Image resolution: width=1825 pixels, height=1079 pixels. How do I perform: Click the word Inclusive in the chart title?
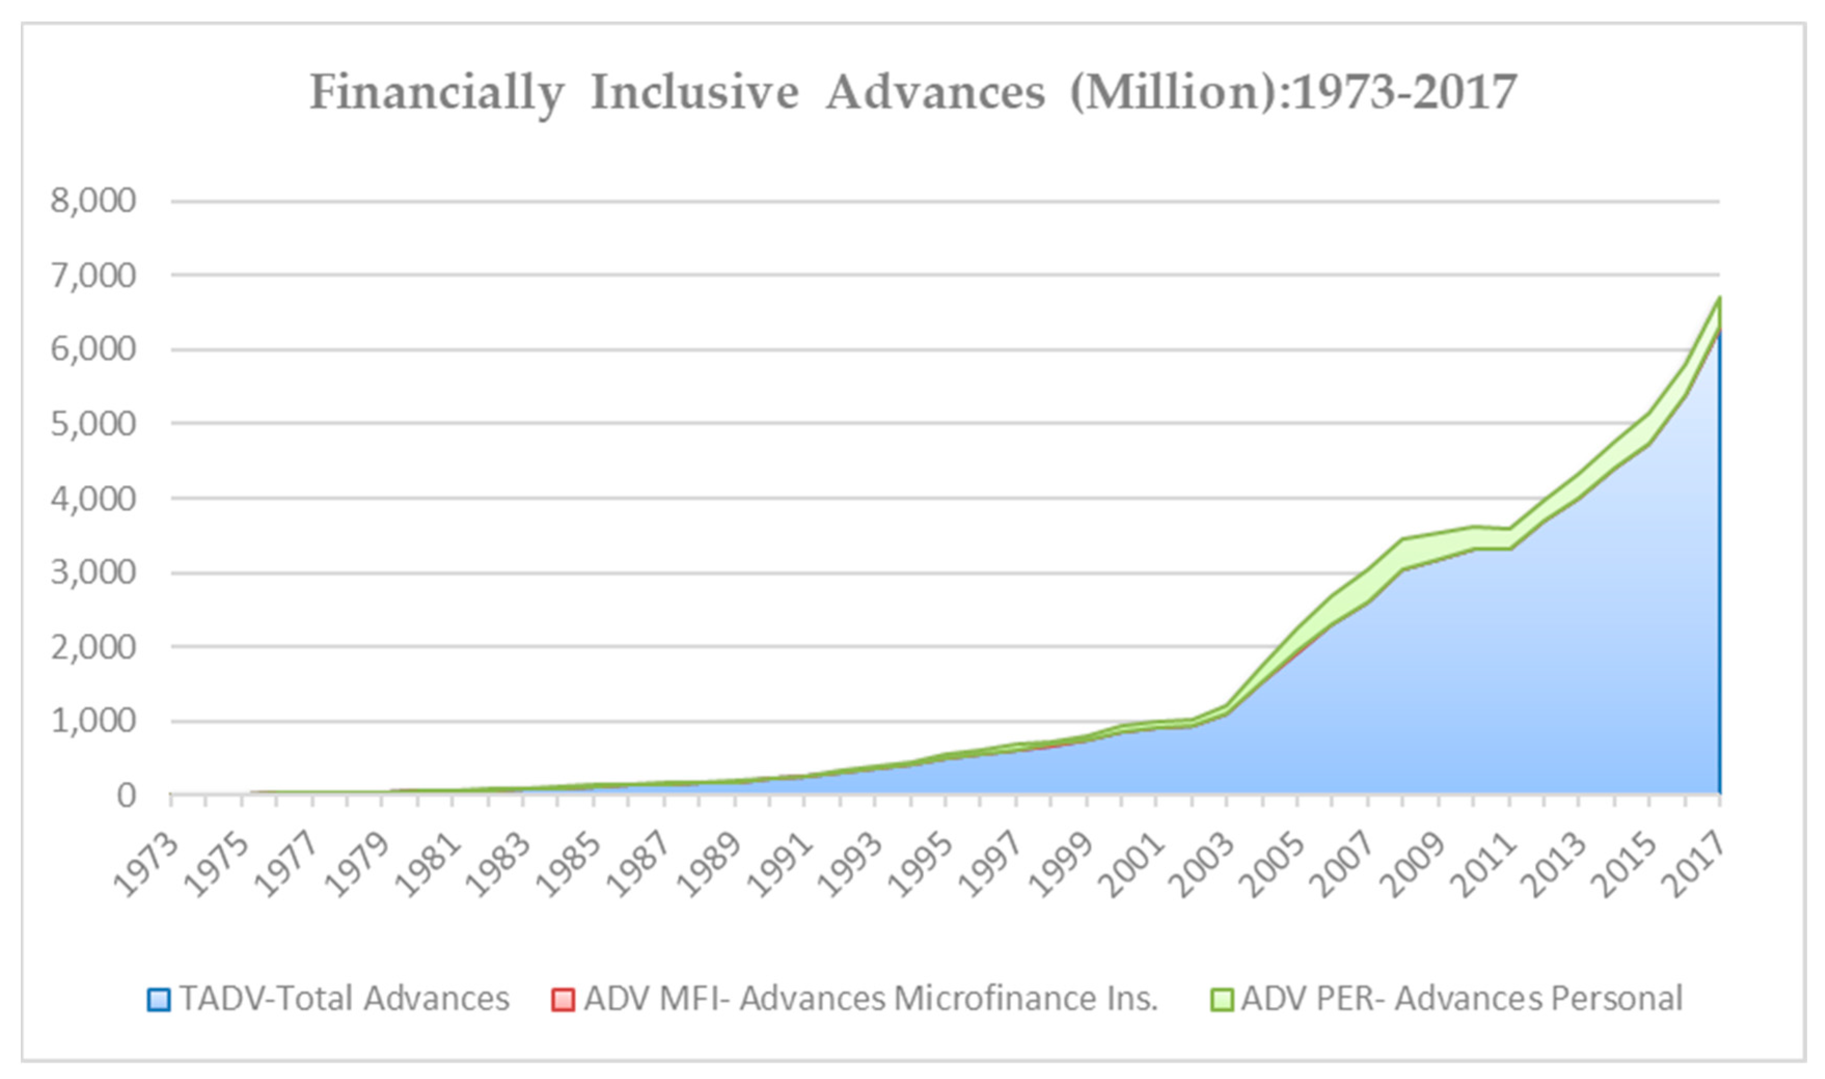click(694, 93)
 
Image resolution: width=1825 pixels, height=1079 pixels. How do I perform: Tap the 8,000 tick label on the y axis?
click(93, 201)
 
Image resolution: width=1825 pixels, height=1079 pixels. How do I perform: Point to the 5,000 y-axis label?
click(93, 424)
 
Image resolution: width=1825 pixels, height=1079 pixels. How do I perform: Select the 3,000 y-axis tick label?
click(93, 573)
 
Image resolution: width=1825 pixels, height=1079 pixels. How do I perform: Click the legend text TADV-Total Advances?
click(345, 998)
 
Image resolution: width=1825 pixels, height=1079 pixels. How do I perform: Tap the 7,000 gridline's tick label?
click(93, 275)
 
